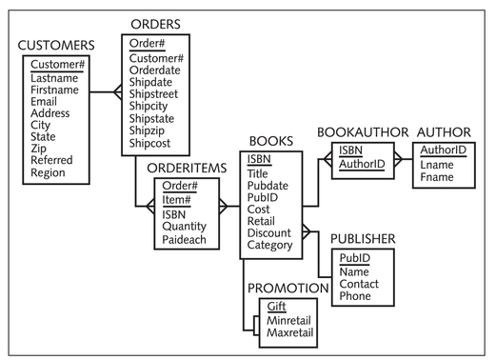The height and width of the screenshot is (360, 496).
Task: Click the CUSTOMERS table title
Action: coord(56,45)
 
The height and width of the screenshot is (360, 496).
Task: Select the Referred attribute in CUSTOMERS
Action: coord(51,161)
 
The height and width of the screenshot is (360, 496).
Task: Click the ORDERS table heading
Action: coord(156,24)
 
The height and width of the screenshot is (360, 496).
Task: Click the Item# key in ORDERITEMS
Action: coord(176,199)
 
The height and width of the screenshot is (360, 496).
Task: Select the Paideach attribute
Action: coord(185,241)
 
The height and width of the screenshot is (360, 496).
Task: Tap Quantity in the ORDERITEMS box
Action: coord(185,228)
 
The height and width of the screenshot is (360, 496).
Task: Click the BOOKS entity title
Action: coord(270,142)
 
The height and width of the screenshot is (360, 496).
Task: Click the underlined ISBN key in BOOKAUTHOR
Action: coord(350,150)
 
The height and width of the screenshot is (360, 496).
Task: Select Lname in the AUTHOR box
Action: coord(436,165)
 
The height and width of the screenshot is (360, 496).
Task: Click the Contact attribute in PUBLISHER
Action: coord(361,284)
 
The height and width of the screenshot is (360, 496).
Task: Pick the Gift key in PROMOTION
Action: coord(275,307)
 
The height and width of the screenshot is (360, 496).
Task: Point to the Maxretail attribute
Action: coord(291,334)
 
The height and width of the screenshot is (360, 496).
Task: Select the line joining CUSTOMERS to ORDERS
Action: coord(106,92)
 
